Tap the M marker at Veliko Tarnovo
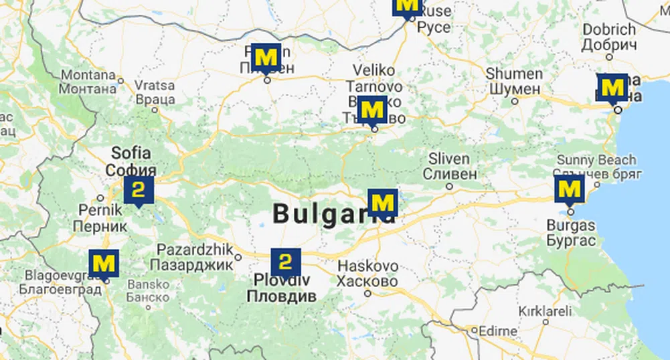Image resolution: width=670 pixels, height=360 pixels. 373,109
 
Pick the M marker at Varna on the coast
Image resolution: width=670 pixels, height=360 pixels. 612,87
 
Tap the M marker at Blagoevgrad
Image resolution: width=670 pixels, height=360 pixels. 104,263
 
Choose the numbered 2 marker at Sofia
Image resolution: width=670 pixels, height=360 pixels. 139,190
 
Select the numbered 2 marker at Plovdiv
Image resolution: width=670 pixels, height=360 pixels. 286,262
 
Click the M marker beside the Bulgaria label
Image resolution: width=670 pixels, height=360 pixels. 383,203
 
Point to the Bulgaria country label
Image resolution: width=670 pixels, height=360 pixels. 325,214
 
